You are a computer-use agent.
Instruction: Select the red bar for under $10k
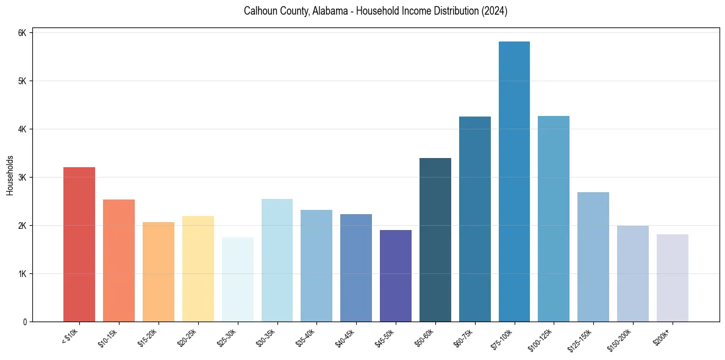[x=79, y=244]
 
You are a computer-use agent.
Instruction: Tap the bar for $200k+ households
[x=673, y=278]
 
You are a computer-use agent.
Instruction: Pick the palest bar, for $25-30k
[x=237, y=279]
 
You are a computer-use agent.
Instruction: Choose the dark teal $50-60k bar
[x=435, y=240]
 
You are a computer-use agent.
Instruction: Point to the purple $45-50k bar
[x=396, y=276]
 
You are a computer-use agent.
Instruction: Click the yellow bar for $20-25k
[x=198, y=268]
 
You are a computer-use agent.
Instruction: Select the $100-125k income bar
[x=554, y=218]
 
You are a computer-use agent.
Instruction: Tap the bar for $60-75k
[x=475, y=219]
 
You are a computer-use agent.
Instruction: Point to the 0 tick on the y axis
[x=24, y=322]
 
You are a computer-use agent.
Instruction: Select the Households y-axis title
[x=10, y=176]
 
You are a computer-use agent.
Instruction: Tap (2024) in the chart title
[x=495, y=12]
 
